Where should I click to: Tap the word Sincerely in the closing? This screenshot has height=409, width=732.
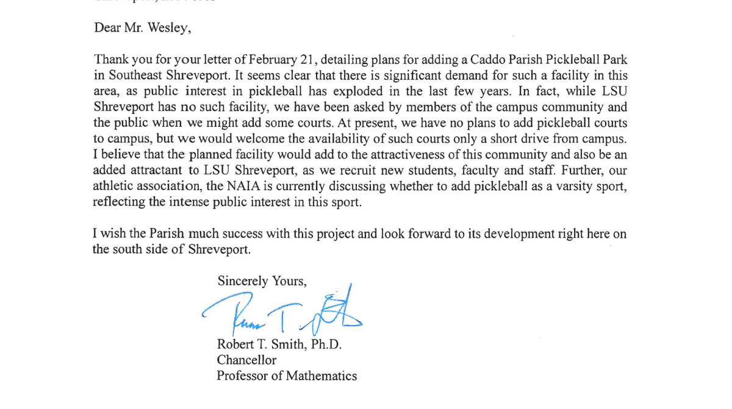click(x=243, y=281)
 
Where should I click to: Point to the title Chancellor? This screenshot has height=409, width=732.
click(x=246, y=360)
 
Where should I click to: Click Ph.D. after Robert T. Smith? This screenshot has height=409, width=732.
click(x=326, y=344)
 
